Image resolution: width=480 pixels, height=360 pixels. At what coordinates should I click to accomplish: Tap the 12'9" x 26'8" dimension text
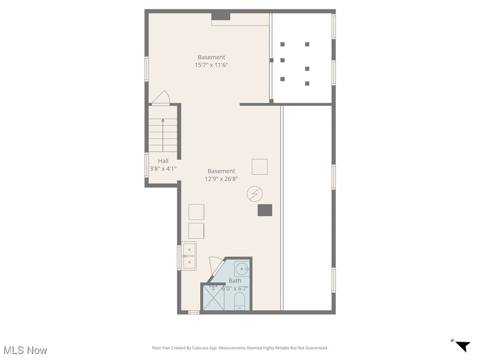click(222, 179)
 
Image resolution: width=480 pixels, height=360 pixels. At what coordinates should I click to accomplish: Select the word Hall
click(163, 161)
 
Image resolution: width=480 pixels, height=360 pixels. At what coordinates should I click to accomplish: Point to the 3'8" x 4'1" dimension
click(163, 168)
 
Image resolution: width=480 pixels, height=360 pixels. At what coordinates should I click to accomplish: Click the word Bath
click(235, 281)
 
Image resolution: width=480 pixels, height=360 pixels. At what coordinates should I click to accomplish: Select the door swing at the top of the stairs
click(161, 97)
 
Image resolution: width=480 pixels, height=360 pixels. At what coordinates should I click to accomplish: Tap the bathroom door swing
click(216, 264)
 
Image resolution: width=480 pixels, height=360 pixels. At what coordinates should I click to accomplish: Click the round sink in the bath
click(241, 269)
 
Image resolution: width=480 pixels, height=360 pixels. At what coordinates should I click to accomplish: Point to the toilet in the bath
click(240, 301)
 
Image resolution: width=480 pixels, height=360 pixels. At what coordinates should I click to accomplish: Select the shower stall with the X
click(213, 298)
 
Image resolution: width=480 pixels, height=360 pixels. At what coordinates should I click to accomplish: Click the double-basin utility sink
click(189, 256)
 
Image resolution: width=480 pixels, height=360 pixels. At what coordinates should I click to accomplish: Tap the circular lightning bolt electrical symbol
click(255, 194)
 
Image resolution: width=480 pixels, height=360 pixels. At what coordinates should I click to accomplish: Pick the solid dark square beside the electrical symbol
click(265, 210)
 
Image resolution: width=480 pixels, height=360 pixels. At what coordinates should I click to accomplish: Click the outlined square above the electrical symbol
click(260, 167)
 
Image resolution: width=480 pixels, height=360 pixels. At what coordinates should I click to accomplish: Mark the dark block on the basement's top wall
click(221, 16)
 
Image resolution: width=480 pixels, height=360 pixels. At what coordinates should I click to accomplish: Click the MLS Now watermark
click(25, 350)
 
